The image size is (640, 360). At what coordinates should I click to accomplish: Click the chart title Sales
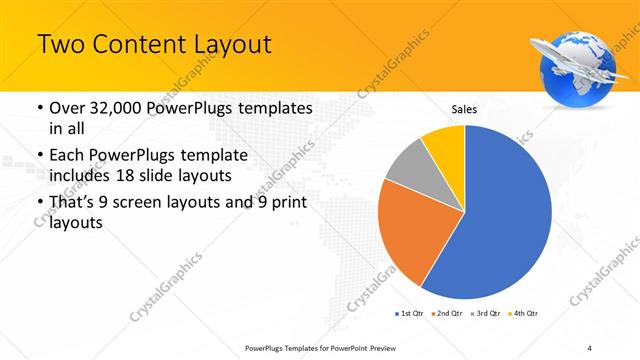tap(464, 108)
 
